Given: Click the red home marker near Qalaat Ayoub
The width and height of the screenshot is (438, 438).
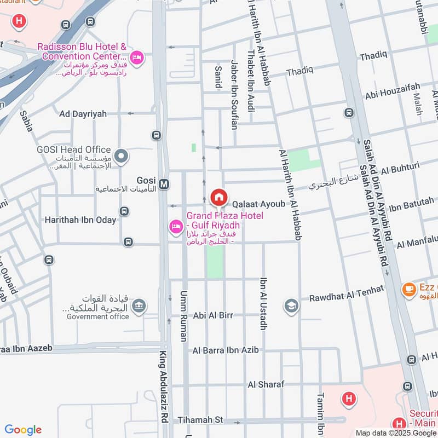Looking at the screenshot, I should click(x=219, y=197).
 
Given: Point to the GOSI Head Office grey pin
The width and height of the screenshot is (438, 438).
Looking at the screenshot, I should click(x=123, y=157).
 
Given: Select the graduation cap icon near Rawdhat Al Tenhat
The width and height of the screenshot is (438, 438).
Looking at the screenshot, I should click(x=290, y=306).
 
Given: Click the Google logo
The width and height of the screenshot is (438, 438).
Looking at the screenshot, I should click(x=23, y=430).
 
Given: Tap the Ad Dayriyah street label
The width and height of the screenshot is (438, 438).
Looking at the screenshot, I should click(x=83, y=114).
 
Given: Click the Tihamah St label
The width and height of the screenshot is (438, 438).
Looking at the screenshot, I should click(x=201, y=420).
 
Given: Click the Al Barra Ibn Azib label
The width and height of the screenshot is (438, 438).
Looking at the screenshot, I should click(x=233, y=349).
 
